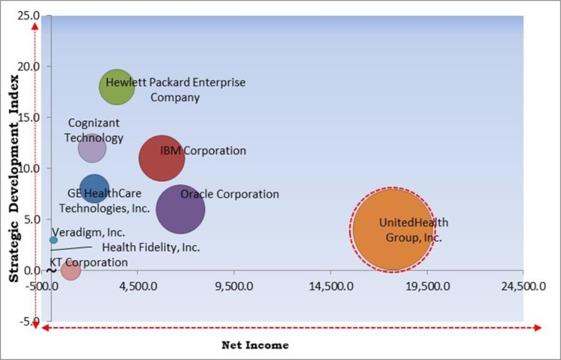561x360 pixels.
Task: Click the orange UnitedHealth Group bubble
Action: click(x=391, y=230)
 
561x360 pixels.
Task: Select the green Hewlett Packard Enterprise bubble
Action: click(x=117, y=86)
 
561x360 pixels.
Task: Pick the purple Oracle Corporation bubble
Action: click(x=180, y=208)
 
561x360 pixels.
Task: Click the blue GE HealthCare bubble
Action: click(x=93, y=190)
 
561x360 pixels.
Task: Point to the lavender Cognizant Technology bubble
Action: click(x=91, y=147)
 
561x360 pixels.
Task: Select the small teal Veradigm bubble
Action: click(x=53, y=240)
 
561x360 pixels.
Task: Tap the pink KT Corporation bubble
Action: click(x=70, y=269)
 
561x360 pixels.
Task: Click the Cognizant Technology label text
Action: click(x=93, y=130)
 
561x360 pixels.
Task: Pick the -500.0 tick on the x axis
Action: click(x=44, y=285)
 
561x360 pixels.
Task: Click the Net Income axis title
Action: click(x=255, y=345)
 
